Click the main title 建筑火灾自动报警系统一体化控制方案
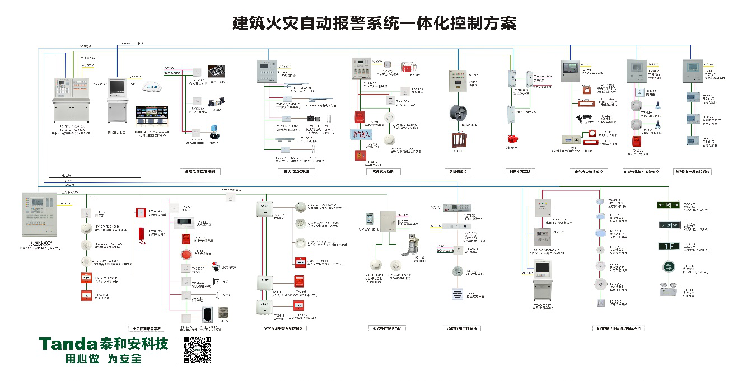[x=373, y=23]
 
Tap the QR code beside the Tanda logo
[x=197, y=351]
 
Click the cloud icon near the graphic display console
[x=151, y=88]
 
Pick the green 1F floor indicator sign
[x=668, y=246]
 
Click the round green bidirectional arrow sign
[x=668, y=266]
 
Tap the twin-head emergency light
[x=667, y=290]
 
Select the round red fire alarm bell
[x=185, y=255]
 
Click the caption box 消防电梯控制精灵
[x=200, y=171]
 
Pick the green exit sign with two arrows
[x=668, y=205]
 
